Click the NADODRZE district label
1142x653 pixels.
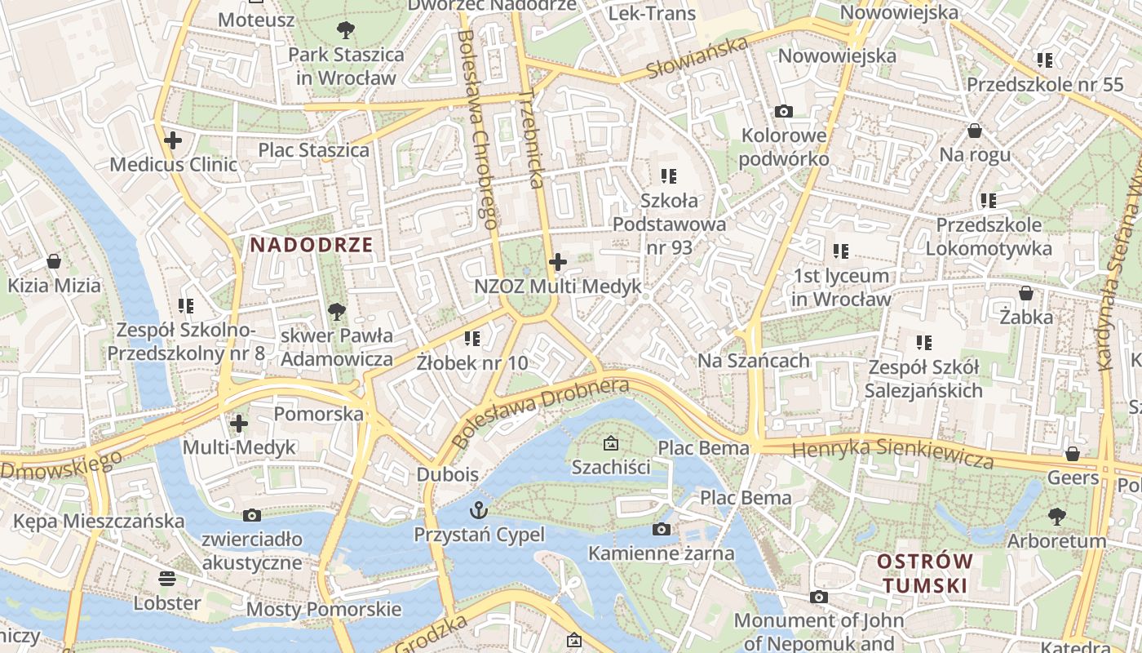[311, 244]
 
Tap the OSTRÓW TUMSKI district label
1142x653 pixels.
[925, 573]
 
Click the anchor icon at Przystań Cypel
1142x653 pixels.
[478, 510]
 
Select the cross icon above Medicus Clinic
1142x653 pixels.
[173, 140]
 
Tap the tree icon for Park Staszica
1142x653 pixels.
[345, 30]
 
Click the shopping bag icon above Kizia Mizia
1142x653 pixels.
[54, 261]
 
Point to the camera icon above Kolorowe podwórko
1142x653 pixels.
[784, 111]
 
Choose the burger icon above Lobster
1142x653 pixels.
[167, 579]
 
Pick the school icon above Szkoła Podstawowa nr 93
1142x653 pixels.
[669, 175]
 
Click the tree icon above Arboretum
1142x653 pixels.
[1056, 516]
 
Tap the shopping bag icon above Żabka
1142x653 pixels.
[1026, 293]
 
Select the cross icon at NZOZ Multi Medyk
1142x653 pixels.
[558, 262]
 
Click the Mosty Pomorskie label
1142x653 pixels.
[324, 609]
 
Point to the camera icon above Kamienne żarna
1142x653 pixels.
[662, 529]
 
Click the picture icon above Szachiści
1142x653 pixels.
[610, 443]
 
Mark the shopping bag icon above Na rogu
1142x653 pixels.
[974, 131]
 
